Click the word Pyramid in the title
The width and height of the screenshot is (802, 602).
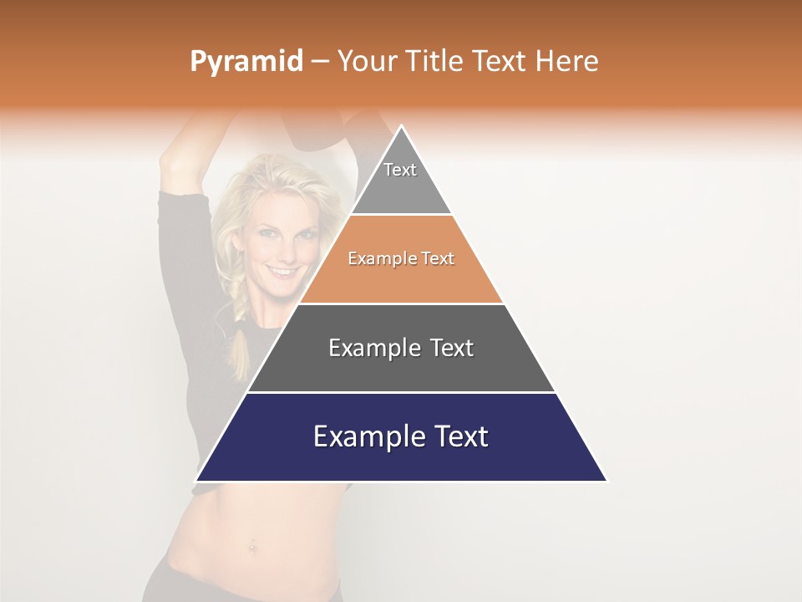(x=246, y=62)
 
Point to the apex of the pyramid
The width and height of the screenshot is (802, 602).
(x=401, y=127)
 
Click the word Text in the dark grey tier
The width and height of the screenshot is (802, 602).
(x=447, y=348)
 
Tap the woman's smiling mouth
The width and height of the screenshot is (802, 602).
(x=282, y=271)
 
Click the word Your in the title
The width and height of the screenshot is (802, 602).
(x=365, y=61)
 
